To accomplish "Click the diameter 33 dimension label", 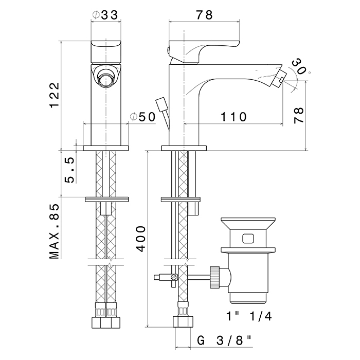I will pos(106,15).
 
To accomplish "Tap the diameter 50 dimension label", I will pos(143,117).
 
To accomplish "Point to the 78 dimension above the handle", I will pos(204,15).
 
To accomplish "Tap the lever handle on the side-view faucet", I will pos(206,47).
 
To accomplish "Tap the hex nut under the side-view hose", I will pos(183,323).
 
